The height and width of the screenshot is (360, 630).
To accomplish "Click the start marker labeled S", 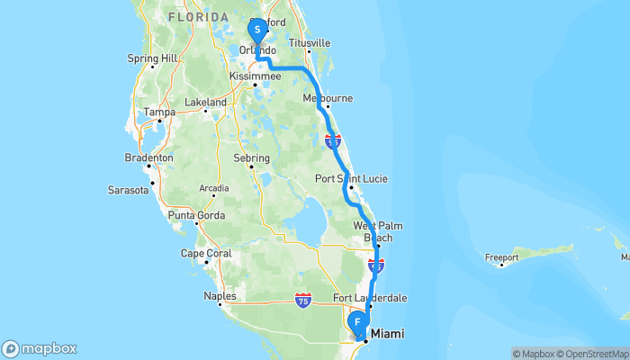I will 257,30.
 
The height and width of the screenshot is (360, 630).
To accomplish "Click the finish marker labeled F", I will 357,321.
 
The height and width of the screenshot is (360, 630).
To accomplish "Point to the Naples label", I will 220,295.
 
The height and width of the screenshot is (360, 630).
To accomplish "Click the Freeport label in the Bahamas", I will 501,257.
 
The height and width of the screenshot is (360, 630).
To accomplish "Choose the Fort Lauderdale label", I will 370,298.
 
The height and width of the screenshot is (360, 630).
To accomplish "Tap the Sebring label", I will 252,157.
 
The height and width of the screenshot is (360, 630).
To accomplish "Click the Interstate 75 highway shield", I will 303,301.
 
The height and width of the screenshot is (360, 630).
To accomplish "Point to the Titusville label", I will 310,43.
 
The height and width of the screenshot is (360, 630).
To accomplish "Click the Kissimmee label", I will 256,77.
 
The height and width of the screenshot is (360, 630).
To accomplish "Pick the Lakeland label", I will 205,103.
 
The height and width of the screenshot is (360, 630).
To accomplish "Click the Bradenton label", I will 148,157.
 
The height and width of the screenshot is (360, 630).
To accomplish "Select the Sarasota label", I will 127,191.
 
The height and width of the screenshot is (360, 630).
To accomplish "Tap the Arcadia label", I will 214,188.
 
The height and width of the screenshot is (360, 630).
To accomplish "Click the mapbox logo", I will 40,349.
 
